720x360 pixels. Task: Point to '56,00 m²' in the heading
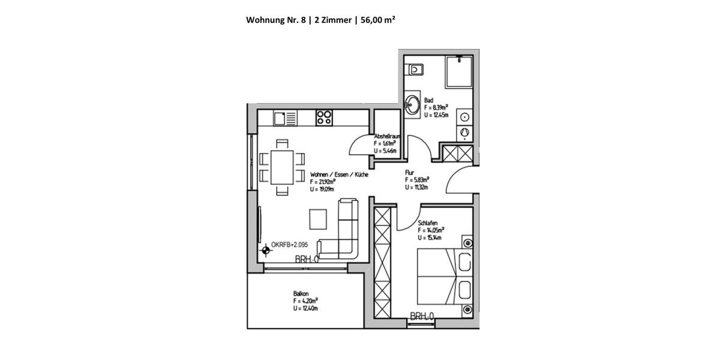[x=377, y=19]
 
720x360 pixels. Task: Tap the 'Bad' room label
[x=428, y=100]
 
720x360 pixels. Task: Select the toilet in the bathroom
[x=415, y=68]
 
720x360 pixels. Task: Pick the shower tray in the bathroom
[x=460, y=73]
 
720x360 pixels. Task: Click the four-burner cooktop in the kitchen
[x=325, y=118]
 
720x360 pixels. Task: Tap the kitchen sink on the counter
[x=286, y=118]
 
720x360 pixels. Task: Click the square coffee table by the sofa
[x=319, y=218]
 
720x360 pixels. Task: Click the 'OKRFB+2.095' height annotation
[x=290, y=245]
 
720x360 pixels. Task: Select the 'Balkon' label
[x=301, y=294]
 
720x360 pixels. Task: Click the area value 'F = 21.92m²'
[x=323, y=182]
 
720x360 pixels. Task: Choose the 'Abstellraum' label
[x=387, y=136]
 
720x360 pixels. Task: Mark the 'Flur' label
[x=410, y=172]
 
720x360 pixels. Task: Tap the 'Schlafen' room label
[x=428, y=223]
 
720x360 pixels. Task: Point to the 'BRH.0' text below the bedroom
[x=422, y=316]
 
